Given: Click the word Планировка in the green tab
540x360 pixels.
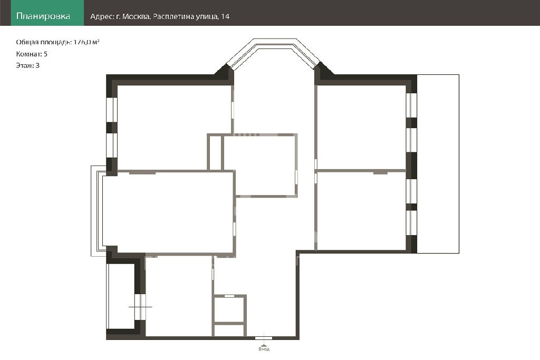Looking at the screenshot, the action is pyautogui.click(x=43, y=16).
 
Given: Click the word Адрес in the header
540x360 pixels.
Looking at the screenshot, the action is pyautogui.click(x=101, y=16).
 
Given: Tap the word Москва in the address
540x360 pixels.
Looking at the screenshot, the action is pyautogui.click(x=136, y=16).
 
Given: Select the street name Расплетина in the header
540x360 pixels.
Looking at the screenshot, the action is pyautogui.click(x=173, y=16).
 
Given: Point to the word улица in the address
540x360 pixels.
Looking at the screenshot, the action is pyautogui.click(x=207, y=17).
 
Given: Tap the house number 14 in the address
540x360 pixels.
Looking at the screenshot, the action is pyautogui.click(x=225, y=16).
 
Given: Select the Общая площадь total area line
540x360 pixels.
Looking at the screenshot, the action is pyautogui.click(x=57, y=42).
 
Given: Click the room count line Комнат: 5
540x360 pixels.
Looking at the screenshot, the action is pyautogui.click(x=32, y=54).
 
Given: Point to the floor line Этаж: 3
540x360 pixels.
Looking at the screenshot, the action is pyautogui.click(x=27, y=65).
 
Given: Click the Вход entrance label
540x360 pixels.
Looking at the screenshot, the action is pyautogui.click(x=264, y=349).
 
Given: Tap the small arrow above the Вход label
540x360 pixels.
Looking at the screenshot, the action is pyautogui.click(x=264, y=345).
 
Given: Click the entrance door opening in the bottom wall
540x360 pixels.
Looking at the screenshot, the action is pyautogui.click(x=264, y=338).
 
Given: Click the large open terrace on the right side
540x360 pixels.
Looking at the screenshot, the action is pyautogui.click(x=438, y=164).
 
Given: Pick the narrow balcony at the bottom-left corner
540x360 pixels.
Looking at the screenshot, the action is pyautogui.click(x=121, y=297).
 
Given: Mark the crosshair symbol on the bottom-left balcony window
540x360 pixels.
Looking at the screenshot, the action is pyautogui.click(x=140, y=307).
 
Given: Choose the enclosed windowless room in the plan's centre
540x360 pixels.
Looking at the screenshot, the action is pyautogui.click(x=259, y=165).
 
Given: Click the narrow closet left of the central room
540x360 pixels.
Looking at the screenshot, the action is pyautogui.click(x=215, y=152).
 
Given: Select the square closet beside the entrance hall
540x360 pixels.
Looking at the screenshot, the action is pyautogui.click(x=230, y=309).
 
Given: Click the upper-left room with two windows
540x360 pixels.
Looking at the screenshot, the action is pyautogui.click(x=174, y=128).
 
